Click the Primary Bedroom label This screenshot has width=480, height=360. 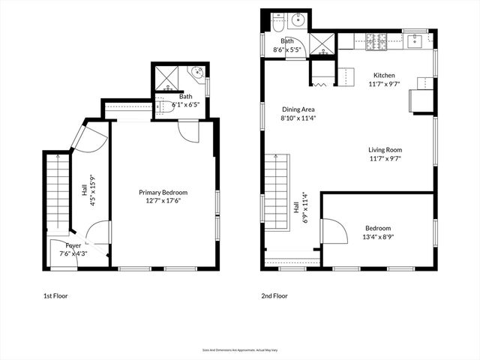163,192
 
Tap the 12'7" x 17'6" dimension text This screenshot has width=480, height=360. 163,200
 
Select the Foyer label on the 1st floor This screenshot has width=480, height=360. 73,245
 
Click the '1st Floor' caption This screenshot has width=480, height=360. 55,296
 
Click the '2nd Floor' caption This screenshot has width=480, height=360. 274,296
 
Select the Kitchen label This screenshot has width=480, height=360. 384,76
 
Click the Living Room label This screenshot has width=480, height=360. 385,149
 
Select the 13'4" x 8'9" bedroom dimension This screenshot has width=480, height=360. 378,237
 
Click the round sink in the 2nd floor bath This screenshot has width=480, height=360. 297,20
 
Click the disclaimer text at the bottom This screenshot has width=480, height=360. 239,349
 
